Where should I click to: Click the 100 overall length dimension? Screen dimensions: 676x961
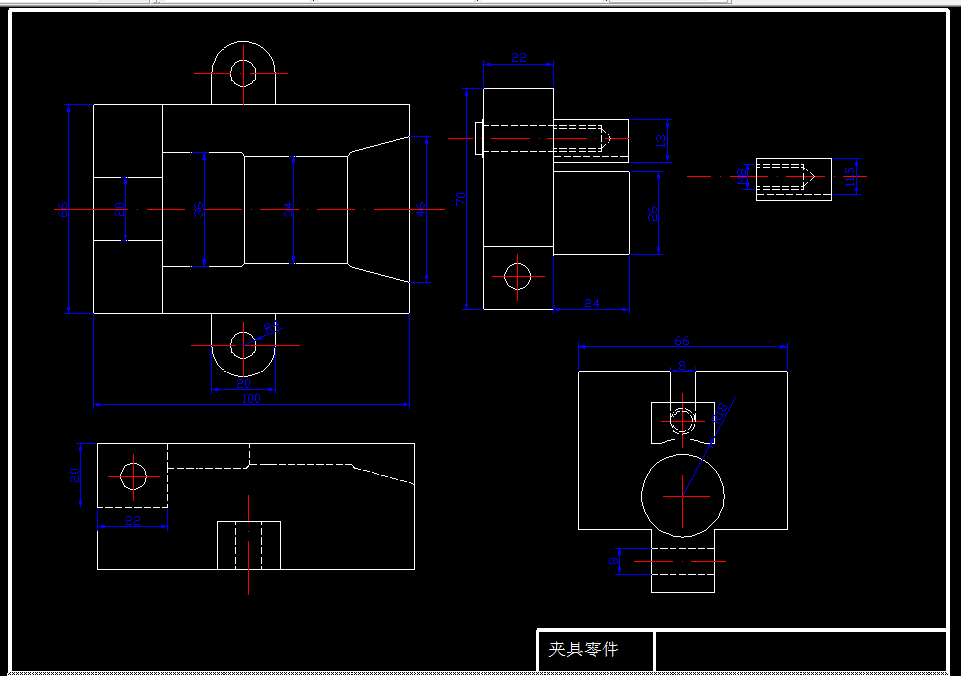[x=251, y=398]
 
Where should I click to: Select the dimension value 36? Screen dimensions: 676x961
[x=199, y=210]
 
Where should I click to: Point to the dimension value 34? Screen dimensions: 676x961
[x=288, y=209]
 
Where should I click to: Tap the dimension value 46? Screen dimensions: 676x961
[x=421, y=209]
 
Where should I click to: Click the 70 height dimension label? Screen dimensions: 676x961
[x=461, y=198]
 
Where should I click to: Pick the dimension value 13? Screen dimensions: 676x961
[x=661, y=140]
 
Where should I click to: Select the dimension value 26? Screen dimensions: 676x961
[x=652, y=214]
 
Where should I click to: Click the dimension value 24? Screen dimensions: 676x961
[x=592, y=304]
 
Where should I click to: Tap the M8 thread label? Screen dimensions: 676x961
[x=740, y=175]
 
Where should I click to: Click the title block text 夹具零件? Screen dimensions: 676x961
[x=584, y=650]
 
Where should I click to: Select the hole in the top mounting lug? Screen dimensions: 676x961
[x=243, y=71]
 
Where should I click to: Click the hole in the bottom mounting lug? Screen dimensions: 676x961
[x=242, y=344]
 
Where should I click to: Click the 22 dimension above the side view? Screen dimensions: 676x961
[x=519, y=58]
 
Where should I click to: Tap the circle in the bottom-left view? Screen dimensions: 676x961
[x=133, y=476]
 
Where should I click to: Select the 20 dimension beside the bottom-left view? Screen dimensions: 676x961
[x=74, y=475]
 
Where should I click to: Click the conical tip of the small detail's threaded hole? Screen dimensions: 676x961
[x=808, y=177]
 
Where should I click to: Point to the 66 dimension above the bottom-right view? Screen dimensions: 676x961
[x=681, y=341]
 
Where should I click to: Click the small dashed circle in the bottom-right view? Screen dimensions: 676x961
[x=680, y=420]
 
